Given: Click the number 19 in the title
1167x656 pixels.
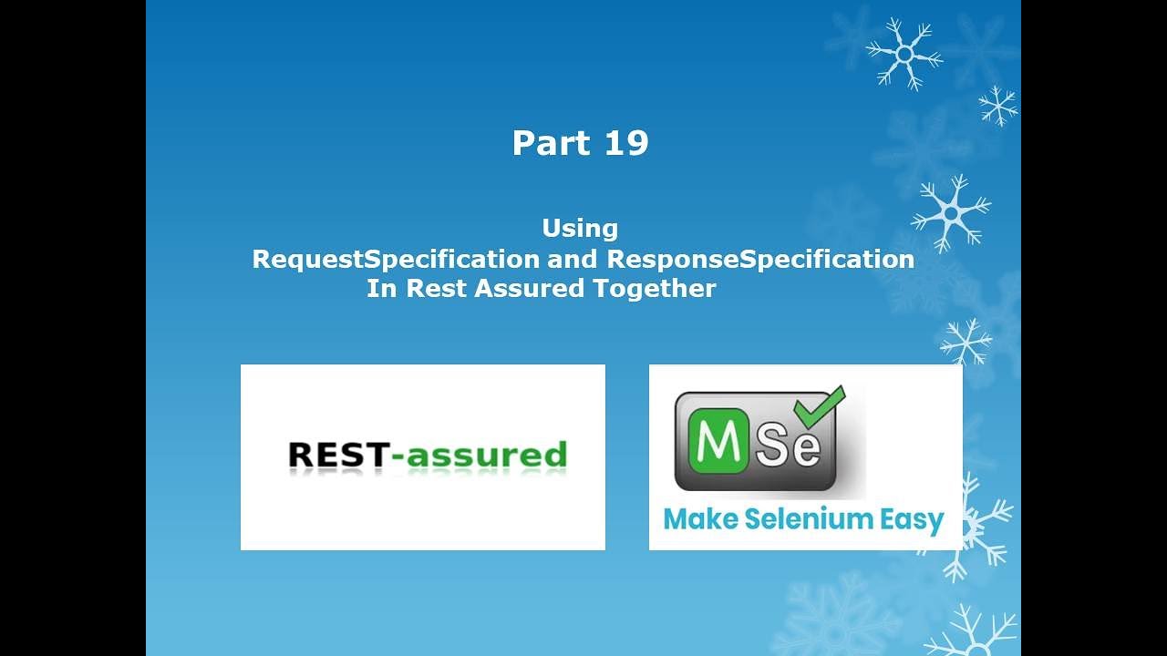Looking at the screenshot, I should click(x=625, y=143).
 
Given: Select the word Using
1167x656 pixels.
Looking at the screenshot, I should click(x=580, y=228).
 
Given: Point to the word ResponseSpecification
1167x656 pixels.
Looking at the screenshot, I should click(x=760, y=259).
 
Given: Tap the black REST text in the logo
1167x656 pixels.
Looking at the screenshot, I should click(x=337, y=455).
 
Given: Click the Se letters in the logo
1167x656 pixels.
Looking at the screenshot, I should click(x=790, y=445).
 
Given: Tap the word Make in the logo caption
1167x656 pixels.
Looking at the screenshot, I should click(x=699, y=519).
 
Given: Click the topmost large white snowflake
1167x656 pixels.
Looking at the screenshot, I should click(x=904, y=54).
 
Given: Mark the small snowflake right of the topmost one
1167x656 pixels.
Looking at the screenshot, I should click(x=998, y=106).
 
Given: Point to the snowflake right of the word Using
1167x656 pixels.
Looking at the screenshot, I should click(x=951, y=214).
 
